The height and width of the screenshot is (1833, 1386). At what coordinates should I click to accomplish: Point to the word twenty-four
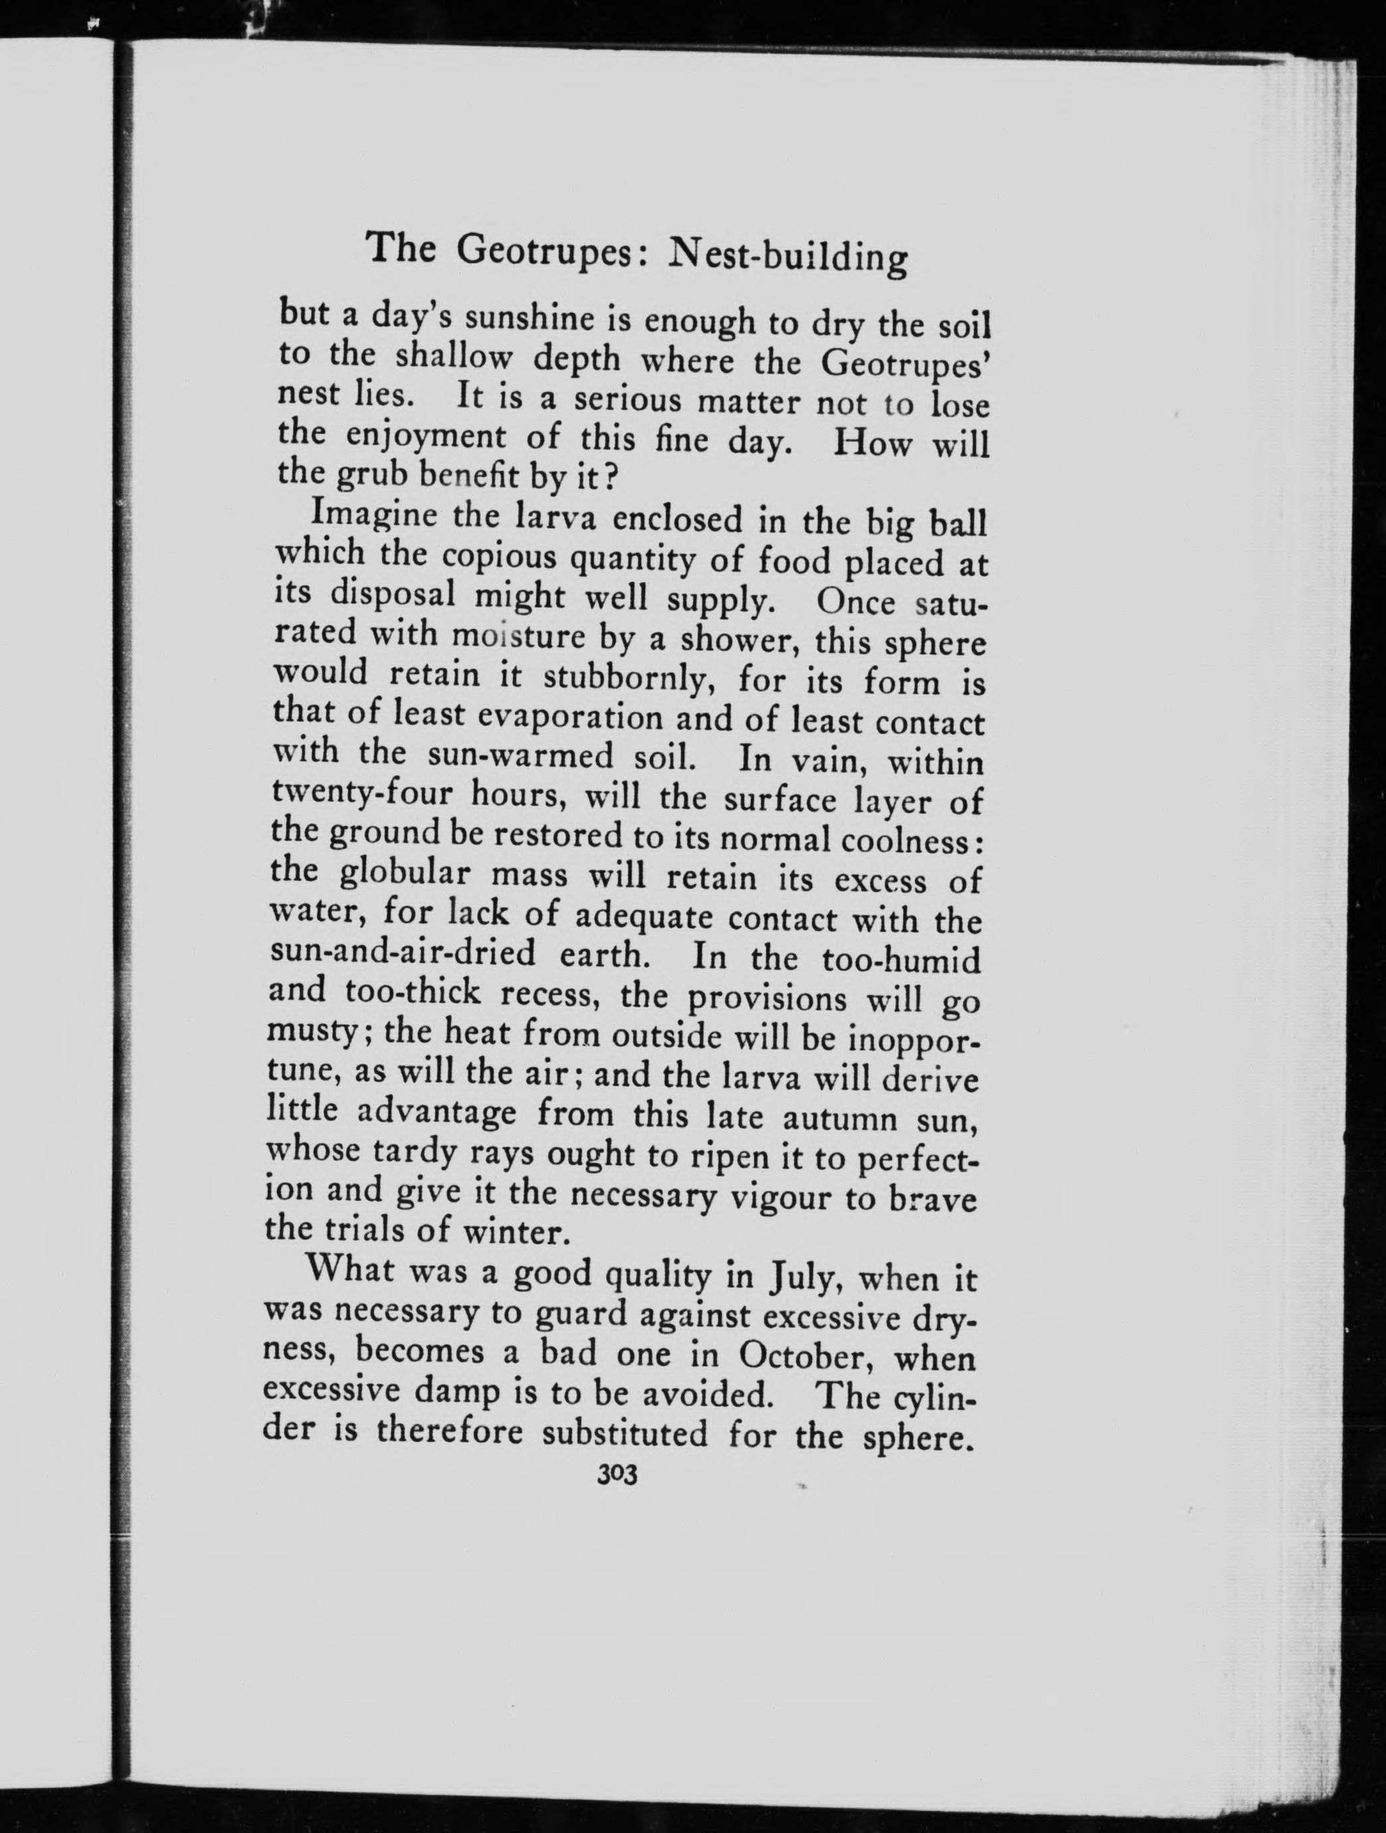point(362,794)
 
